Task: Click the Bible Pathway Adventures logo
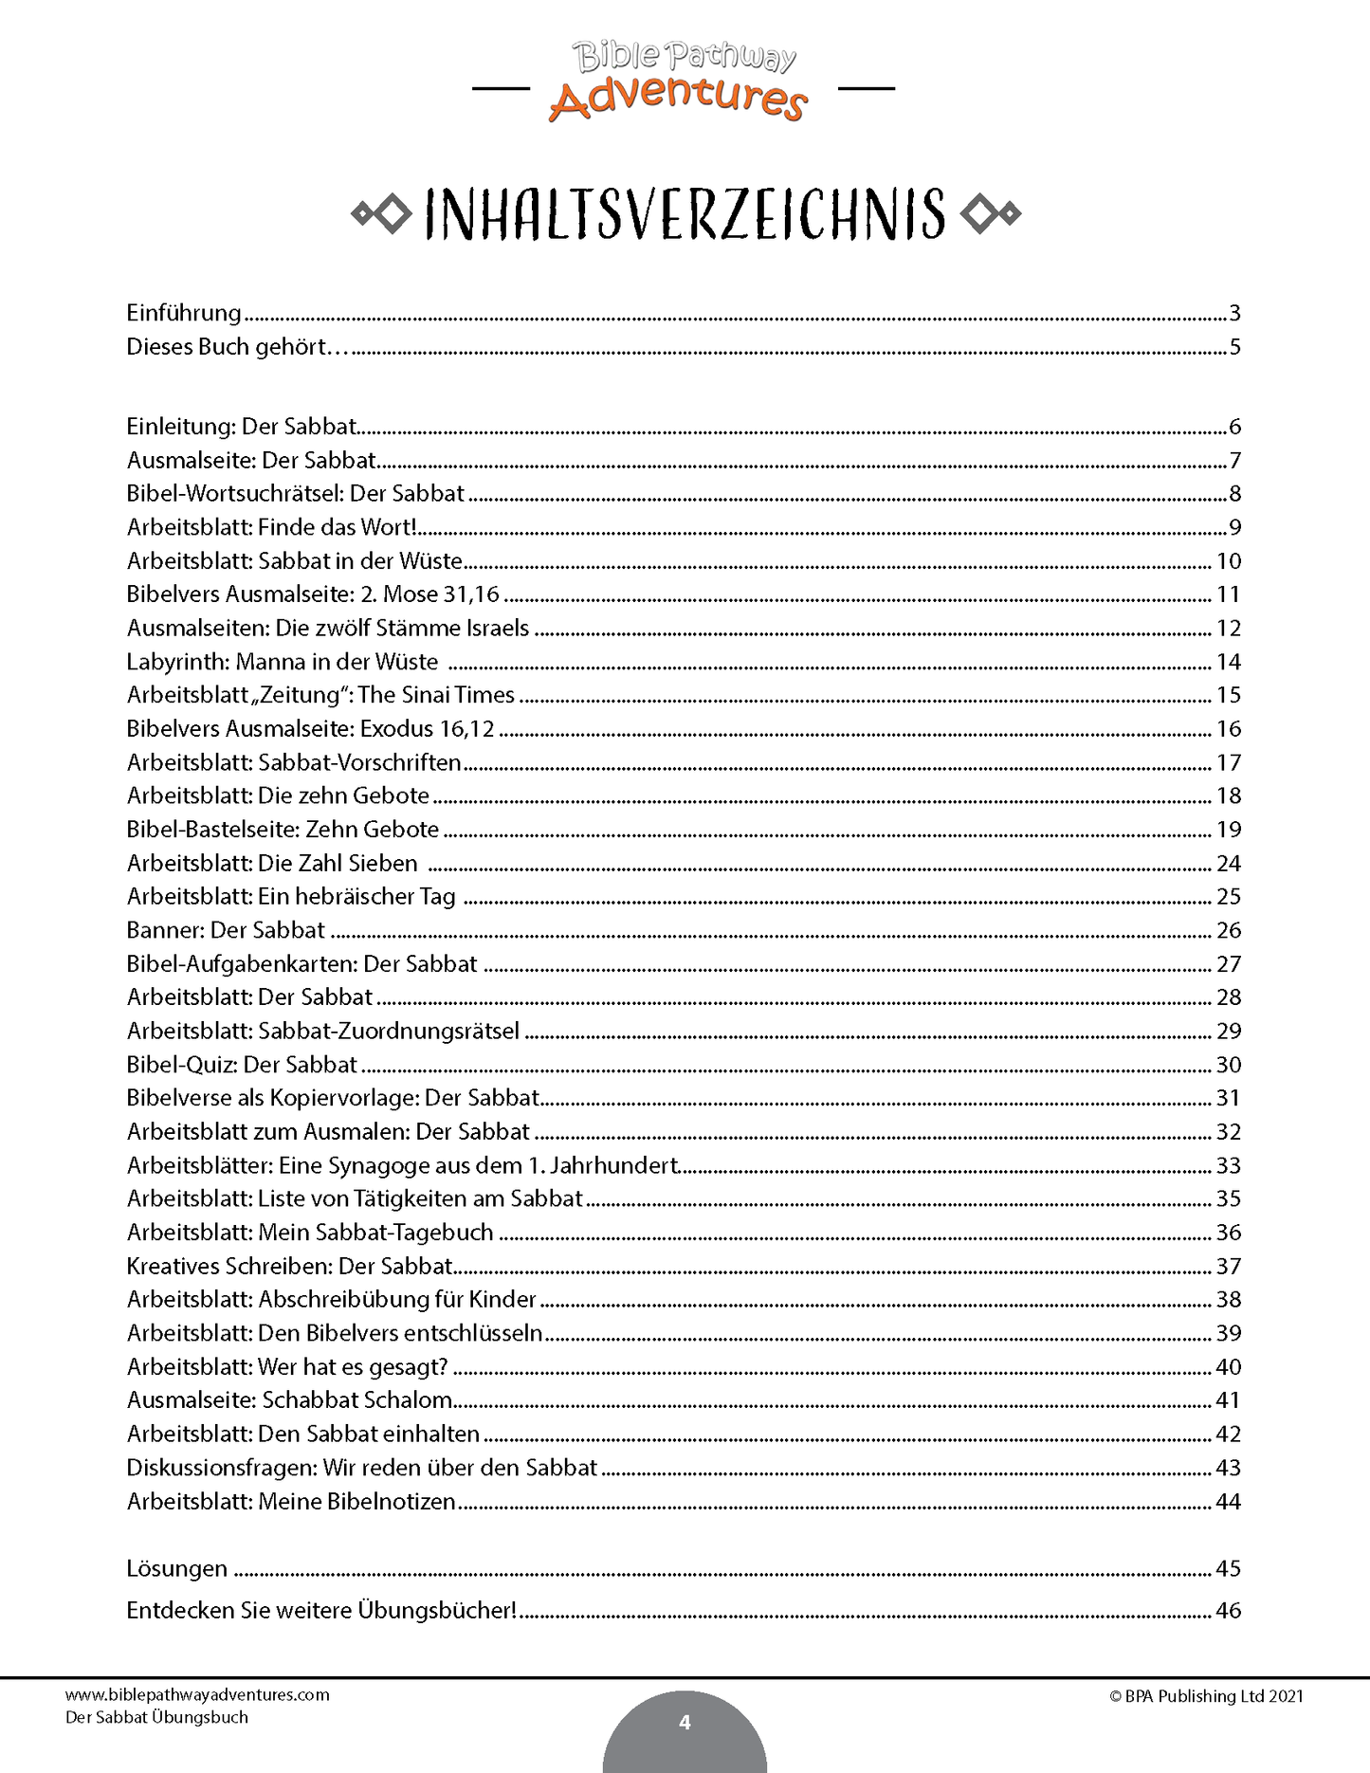[x=684, y=82]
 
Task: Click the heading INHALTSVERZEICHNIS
[x=685, y=214]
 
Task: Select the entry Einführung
[x=184, y=313]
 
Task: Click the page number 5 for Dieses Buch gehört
[x=1234, y=347]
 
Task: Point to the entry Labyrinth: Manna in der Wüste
[x=283, y=662]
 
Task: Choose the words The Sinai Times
[x=436, y=695]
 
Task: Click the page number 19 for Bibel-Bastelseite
[x=1228, y=830]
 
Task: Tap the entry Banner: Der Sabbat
[x=226, y=930]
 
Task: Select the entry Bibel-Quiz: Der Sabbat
[x=242, y=1065]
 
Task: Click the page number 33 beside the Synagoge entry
[x=1228, y=1165]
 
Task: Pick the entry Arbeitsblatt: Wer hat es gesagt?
[x=287, y=1367]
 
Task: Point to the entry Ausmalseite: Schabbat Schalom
[x=289, y=1400]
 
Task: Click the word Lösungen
[x=177, y=1569]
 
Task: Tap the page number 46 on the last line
[x=1228, y=1611]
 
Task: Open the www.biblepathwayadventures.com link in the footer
[x=197, y=1695]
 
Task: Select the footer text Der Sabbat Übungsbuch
[x=156, y=1717]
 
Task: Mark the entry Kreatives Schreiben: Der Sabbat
[x=290, y=1266]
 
